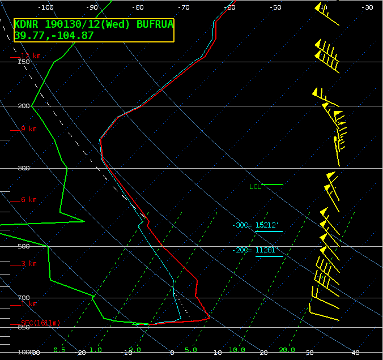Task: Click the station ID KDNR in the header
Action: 27,25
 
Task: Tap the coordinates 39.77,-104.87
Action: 54,35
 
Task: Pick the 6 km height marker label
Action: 28,200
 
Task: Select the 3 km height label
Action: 28,264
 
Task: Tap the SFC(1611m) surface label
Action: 40,323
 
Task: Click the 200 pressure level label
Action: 23,106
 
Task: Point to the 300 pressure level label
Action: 23,169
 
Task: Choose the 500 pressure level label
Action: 23,246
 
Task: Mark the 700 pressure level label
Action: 23,298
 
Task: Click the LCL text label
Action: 255,186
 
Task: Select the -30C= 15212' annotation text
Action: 255,225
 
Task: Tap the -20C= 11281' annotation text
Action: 255,250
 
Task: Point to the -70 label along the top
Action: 183,7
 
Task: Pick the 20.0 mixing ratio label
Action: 287,350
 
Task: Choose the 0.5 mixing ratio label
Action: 59,350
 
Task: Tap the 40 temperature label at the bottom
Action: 356,353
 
